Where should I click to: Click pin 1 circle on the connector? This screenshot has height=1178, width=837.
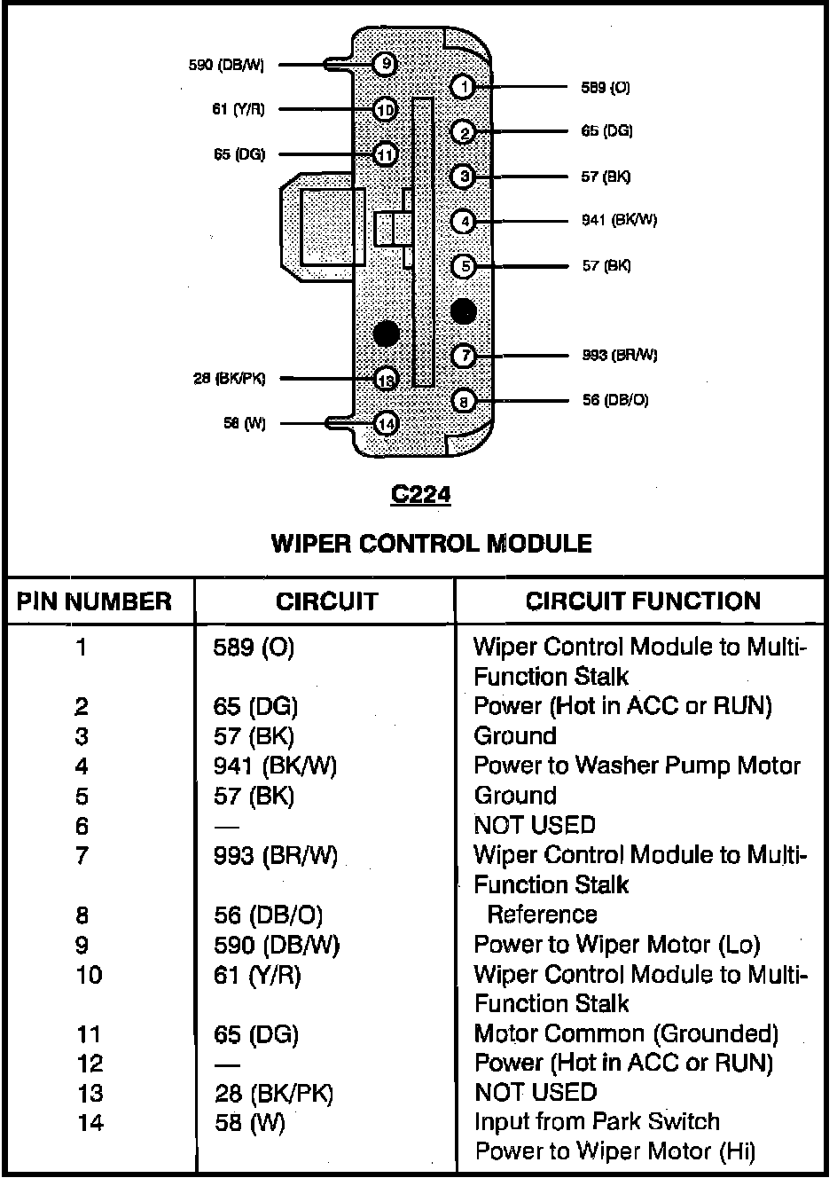463,86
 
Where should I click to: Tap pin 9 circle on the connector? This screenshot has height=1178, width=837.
385,64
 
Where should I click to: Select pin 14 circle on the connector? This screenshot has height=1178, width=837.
386,423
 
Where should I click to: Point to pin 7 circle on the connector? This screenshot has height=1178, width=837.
463,356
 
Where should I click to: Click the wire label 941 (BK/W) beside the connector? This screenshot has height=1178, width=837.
619,220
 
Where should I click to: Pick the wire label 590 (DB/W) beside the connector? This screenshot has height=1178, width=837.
226,65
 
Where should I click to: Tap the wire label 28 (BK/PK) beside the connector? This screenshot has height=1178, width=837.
229,379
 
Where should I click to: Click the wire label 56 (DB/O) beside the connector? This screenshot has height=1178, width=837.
614,400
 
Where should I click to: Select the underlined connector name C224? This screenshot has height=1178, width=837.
420,494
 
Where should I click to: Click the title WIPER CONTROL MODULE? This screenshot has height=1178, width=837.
431,543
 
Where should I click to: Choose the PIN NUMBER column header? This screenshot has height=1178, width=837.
94,601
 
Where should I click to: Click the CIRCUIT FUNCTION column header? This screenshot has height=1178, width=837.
643,601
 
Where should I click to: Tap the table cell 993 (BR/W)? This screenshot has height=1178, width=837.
276,856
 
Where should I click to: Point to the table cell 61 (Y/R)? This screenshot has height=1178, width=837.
257,976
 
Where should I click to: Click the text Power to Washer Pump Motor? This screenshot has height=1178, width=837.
637,766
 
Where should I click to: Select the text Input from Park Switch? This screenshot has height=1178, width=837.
597,1122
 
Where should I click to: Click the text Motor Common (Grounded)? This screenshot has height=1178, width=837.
626,1034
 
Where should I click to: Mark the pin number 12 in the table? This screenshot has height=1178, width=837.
90,1064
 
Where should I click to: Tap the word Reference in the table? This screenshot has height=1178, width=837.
542,915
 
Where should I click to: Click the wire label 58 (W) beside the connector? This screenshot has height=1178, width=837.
244,424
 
